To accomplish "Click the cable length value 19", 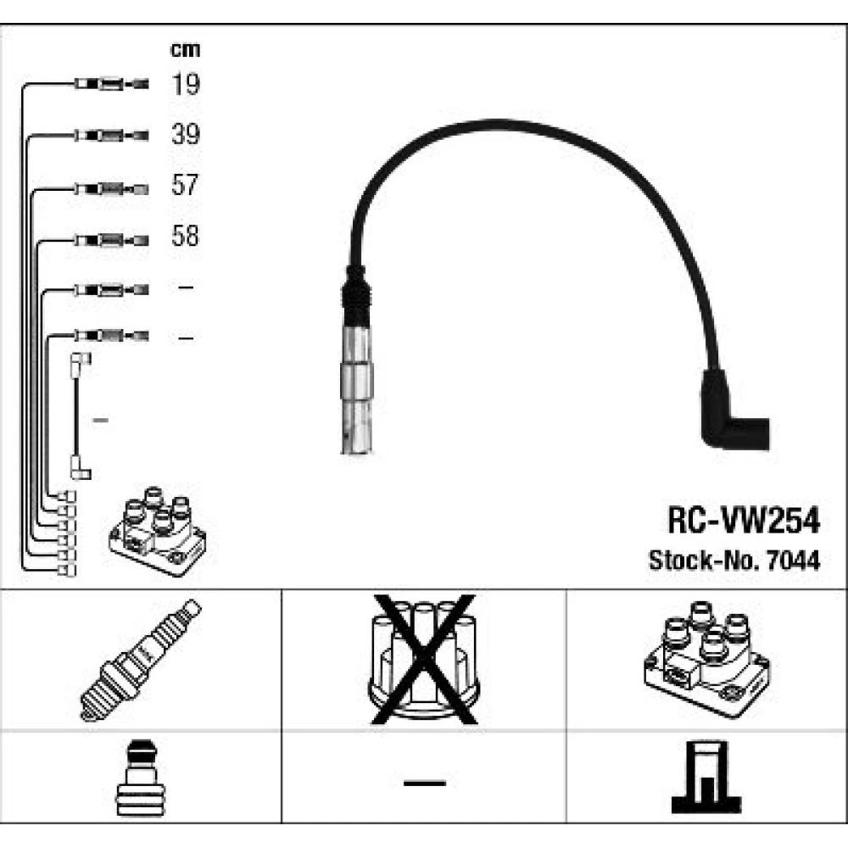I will (186, 85).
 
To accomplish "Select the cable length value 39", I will (186, 135).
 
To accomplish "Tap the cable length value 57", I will (185, 186).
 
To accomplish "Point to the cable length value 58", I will (185, 237).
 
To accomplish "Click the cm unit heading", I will (186, 50).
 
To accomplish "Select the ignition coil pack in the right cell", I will (706, 660).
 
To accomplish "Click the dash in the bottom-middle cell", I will (423, 782).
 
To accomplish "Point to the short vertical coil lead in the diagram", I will (78, 416).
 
